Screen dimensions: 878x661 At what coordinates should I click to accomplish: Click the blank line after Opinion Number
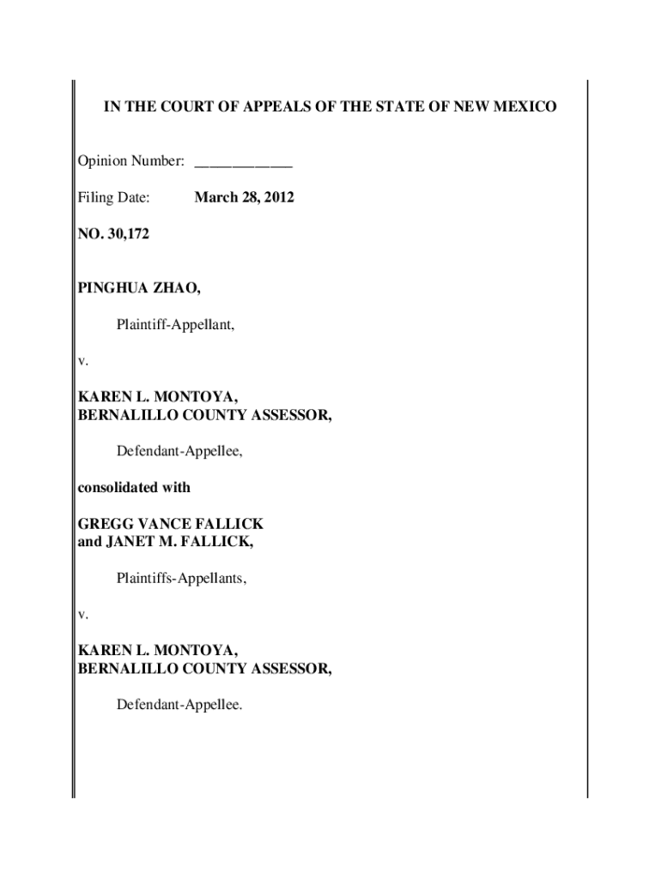(x=244, y=161)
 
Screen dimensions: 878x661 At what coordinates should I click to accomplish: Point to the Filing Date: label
(x=114, y=197)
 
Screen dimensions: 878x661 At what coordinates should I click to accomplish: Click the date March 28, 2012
(x=245, y=197)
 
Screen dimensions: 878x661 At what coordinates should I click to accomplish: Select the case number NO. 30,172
(x=113, y=233)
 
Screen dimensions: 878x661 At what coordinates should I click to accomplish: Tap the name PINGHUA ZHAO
(x=140, y=288)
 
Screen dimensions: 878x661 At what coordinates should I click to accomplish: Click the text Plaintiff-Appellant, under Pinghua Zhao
(x=176, y=324)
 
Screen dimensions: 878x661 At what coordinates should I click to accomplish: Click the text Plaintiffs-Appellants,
(x=181, y=579)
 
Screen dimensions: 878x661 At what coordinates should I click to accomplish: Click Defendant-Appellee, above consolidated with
(x=179, y=451)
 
